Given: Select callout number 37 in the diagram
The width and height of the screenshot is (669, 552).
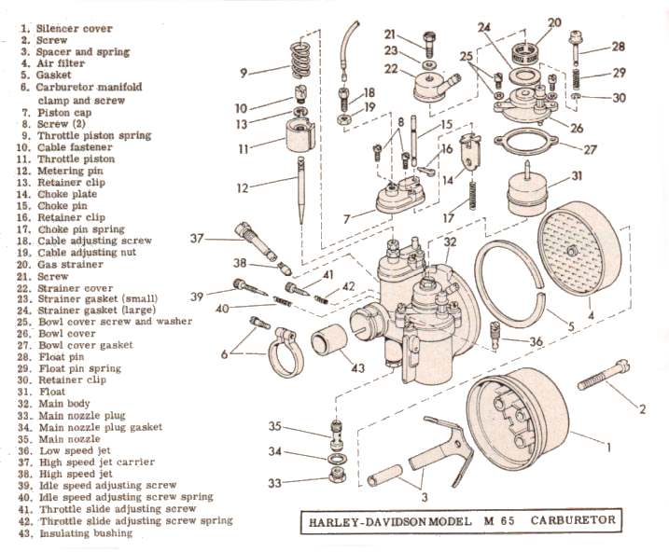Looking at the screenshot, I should point(196,239).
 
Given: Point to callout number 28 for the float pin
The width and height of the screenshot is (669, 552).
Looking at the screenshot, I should point(617,47).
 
